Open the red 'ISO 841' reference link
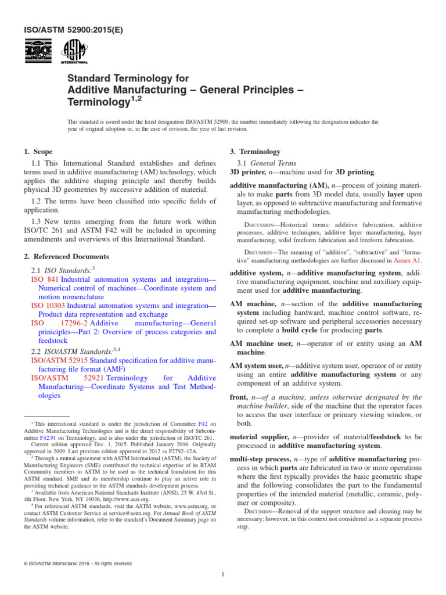pyautogui.click(x=44, y=279)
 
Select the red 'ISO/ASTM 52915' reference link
pyautogui.click(x=58, y=360)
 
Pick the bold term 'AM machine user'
pyautogui.click(x=261, y=343)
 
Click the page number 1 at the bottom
pyautogui.click(x=223, y=575)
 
